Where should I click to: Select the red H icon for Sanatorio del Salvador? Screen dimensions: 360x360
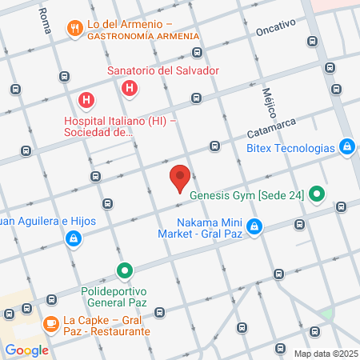[x=128, y=86]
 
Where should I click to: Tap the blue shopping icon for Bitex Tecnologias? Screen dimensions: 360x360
[x=347, y=146]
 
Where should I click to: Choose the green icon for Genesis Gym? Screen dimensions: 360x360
[x=317, y=193]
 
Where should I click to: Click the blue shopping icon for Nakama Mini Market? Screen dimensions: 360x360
[x=254, y=227]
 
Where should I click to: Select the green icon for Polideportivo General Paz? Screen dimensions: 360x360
[x=124, y=271]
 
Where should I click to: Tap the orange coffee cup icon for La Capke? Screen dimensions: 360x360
[x=50, y=324]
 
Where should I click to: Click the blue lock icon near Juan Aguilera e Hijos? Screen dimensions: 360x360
[x=74, y=238]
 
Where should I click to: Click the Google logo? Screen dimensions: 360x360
[x=26, y=350]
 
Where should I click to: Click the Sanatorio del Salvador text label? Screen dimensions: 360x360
[x=163, y=70]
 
